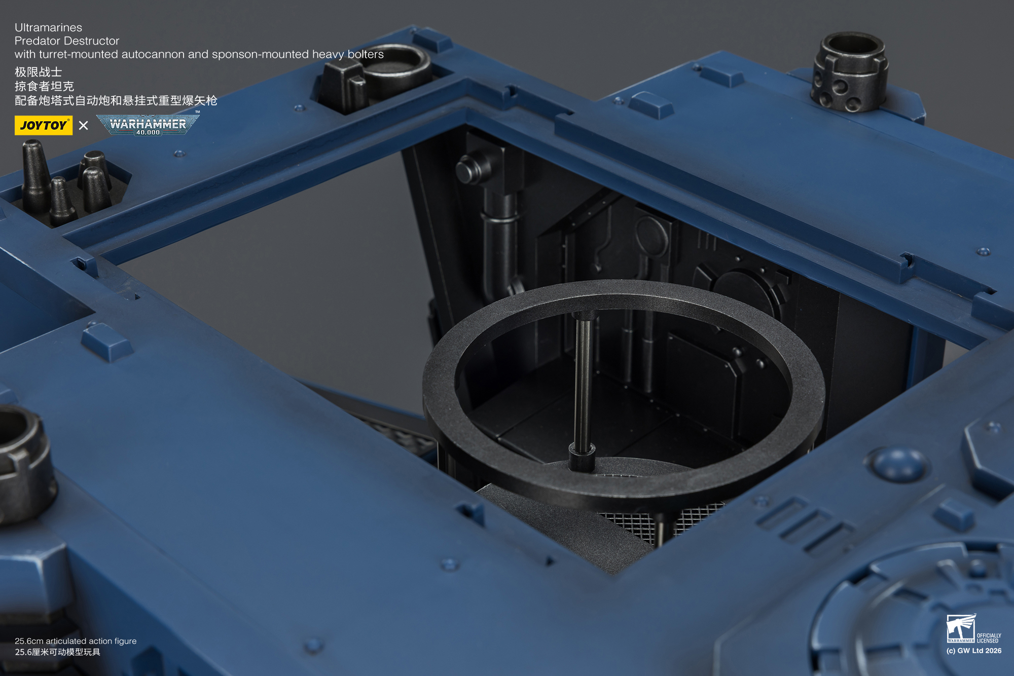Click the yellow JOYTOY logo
(x=44, y=125)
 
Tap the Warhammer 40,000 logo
(x=148, y=124)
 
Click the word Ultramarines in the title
(x=48, y=27)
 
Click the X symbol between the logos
(x=84, y=125)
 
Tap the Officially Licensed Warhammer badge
(x=973, y=628)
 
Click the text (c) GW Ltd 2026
(x=974, y=651)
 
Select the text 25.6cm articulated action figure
(x=76, y=641)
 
